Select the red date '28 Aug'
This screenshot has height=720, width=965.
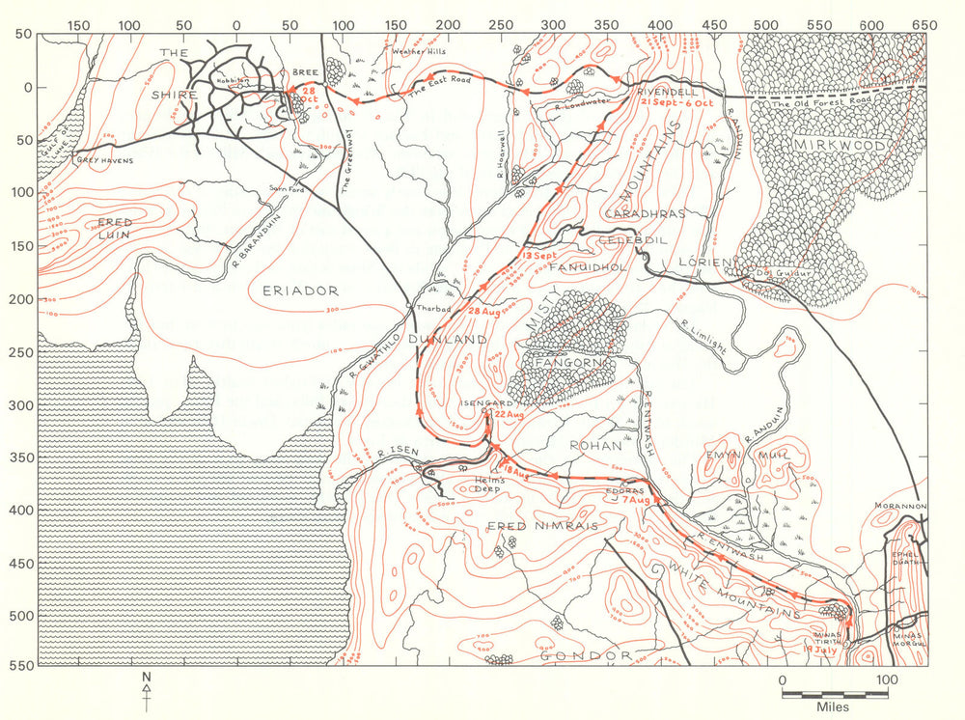coord(485,312)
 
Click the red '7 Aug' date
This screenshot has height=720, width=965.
coord(635,500)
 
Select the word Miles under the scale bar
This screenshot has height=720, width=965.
coord(835,707)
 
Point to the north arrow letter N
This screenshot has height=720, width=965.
coord(147,677)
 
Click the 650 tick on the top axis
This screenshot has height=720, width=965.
coord(924,23)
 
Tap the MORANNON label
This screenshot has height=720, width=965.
coord(900,506)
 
